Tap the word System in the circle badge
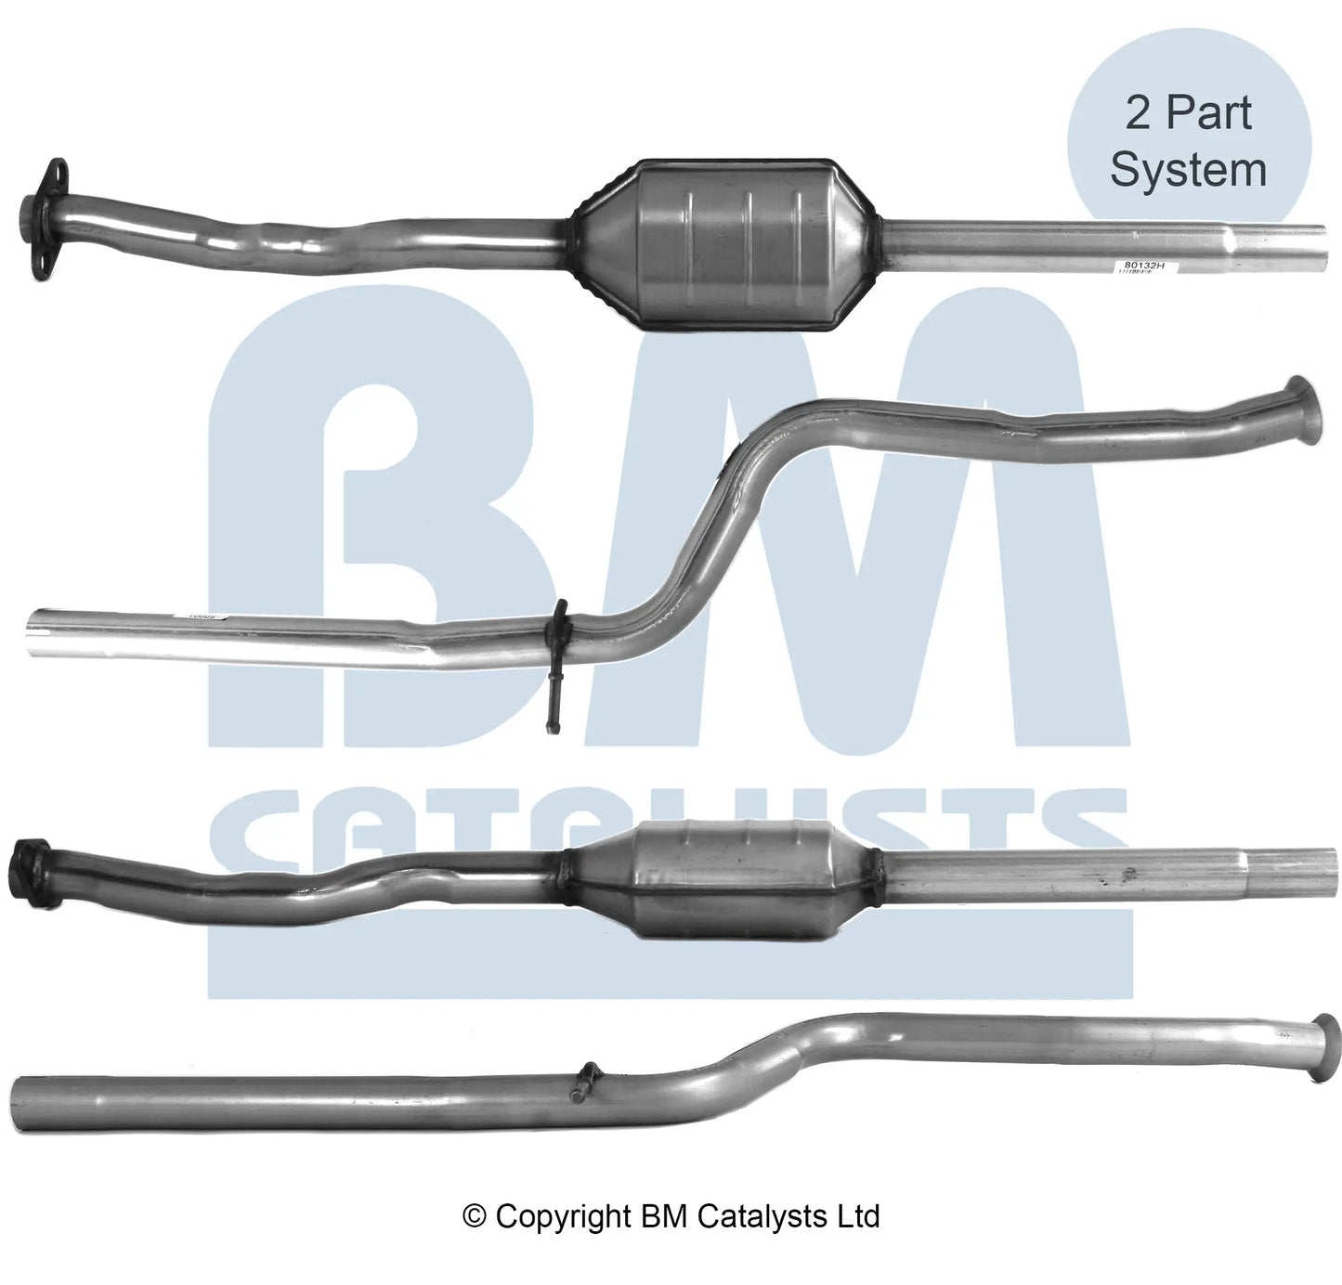pos(1188,170)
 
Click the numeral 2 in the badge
pos(1138,113)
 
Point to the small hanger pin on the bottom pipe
pos(583,1082)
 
